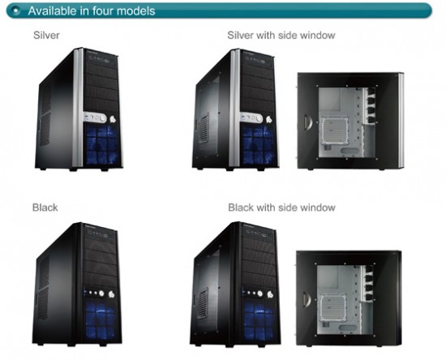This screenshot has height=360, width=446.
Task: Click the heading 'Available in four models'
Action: click(x=92, y=11)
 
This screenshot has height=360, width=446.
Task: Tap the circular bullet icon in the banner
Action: click(x=16, y=11)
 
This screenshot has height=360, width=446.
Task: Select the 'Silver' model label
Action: click(x=46, y=35)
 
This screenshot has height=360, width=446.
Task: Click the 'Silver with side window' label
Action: click(x=281, y=35)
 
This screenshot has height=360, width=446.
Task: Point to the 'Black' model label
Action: click(x=45, y=208)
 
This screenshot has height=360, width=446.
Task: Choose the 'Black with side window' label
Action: click(x=281, y=208)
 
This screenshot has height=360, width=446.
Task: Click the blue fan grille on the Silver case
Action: click(x=102, y=144)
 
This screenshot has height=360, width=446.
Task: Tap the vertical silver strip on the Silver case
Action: click(x=78, y=108)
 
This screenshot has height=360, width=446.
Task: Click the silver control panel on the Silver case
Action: click(x=95, y=118)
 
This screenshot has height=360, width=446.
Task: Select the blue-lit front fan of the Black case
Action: click(x=101, y=320)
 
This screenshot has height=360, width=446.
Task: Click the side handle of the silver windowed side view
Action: click(x=308, y=122)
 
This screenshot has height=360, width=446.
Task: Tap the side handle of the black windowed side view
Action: click(x=307, y=300)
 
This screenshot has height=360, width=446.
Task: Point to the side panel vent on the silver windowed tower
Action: click(x=204, y=127)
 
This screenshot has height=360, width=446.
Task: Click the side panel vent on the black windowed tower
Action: click(x=202, y=303)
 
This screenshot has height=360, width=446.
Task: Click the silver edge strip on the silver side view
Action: click(x=401, y=121)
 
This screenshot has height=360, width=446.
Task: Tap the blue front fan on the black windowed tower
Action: click(x=259, y=321)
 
